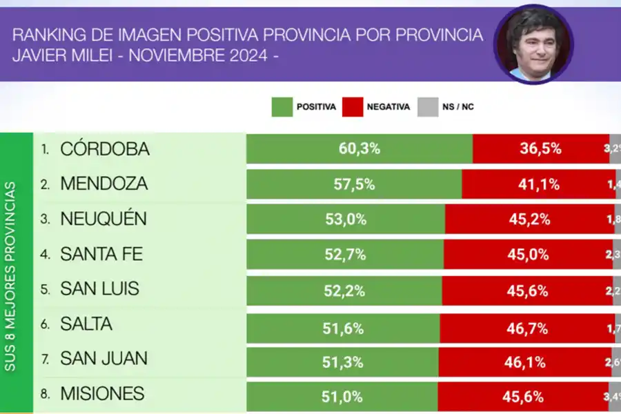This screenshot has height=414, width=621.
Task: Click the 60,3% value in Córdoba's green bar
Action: pos(360,148)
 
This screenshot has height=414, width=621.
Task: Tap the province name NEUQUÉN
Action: pos(103,219)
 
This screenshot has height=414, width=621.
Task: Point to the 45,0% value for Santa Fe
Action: pos(528,255)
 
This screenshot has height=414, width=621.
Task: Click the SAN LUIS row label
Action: pos(99,289)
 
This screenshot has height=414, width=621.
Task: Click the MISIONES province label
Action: pos(102,394)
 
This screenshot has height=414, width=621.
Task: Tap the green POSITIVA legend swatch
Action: pos(282,107)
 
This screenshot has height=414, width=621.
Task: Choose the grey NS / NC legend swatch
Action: pos(428,107)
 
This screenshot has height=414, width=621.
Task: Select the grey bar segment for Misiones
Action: pos(614,397)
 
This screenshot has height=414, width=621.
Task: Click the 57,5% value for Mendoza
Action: pos(356,184)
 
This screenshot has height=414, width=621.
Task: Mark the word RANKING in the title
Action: pos(43,34)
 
